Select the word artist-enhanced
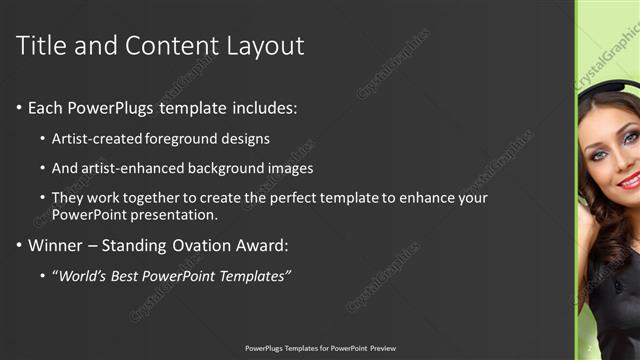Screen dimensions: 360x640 click(136, 168)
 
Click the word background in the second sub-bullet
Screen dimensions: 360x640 click(232, 168)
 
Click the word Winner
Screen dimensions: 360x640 click(56, 245)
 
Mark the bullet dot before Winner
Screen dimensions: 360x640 click(20, 245)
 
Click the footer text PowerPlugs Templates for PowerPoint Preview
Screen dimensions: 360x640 click(320, 348)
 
